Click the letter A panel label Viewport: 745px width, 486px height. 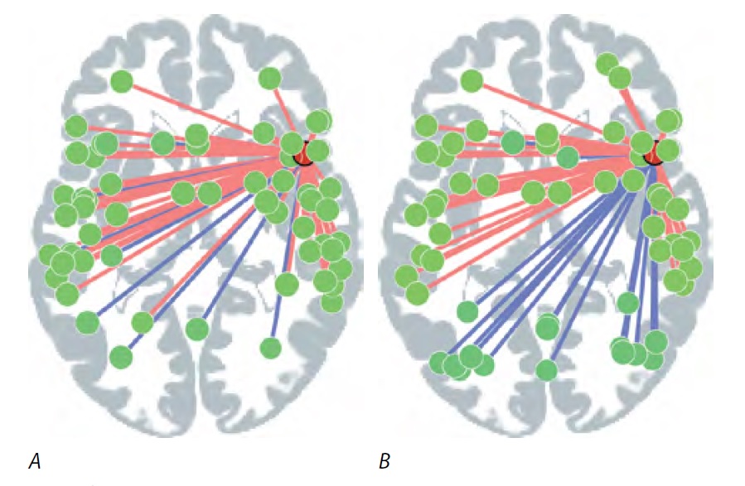[35, 461]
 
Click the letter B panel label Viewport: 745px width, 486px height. [385, 461]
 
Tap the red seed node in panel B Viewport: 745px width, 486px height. [653, 152]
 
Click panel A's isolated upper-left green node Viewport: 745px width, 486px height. [122, 81]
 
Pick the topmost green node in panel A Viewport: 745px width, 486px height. [269, 79]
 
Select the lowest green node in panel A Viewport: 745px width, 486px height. [121, 358]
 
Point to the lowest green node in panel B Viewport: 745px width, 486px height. [546, 369]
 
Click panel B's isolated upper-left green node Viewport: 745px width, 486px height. [472, 81]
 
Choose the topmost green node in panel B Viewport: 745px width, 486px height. [607, 63]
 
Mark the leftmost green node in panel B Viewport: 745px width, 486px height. [406, 276]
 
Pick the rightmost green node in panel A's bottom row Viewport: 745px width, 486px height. [270, 348]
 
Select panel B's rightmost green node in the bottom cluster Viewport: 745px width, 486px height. [655, 340]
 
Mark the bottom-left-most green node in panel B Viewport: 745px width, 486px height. [440, 362]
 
